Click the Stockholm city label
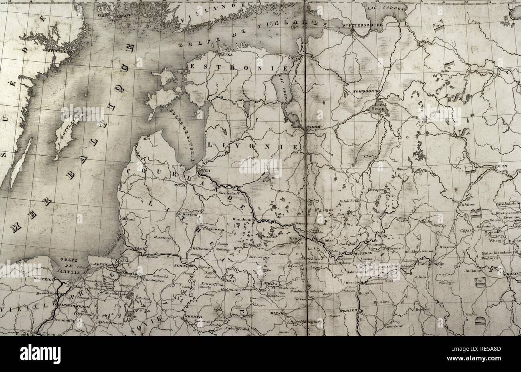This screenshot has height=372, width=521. coord(60,51)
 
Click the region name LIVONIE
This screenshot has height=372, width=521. coord(252,145)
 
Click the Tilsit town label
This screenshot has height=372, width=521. coord(139,248)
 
